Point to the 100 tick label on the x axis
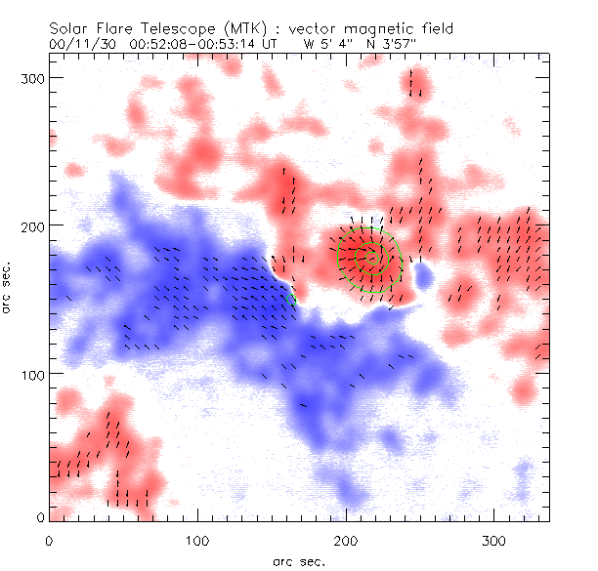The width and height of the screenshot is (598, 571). pos(198,540)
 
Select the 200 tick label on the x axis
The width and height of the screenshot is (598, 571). pos(347,540)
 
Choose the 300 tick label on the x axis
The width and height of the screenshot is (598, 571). pos(495,540)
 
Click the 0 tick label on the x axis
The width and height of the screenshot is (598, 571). pos(50,540)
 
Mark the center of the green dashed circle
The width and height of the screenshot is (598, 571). pos(370,255)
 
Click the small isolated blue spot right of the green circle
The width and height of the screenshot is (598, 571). pos(423,278)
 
